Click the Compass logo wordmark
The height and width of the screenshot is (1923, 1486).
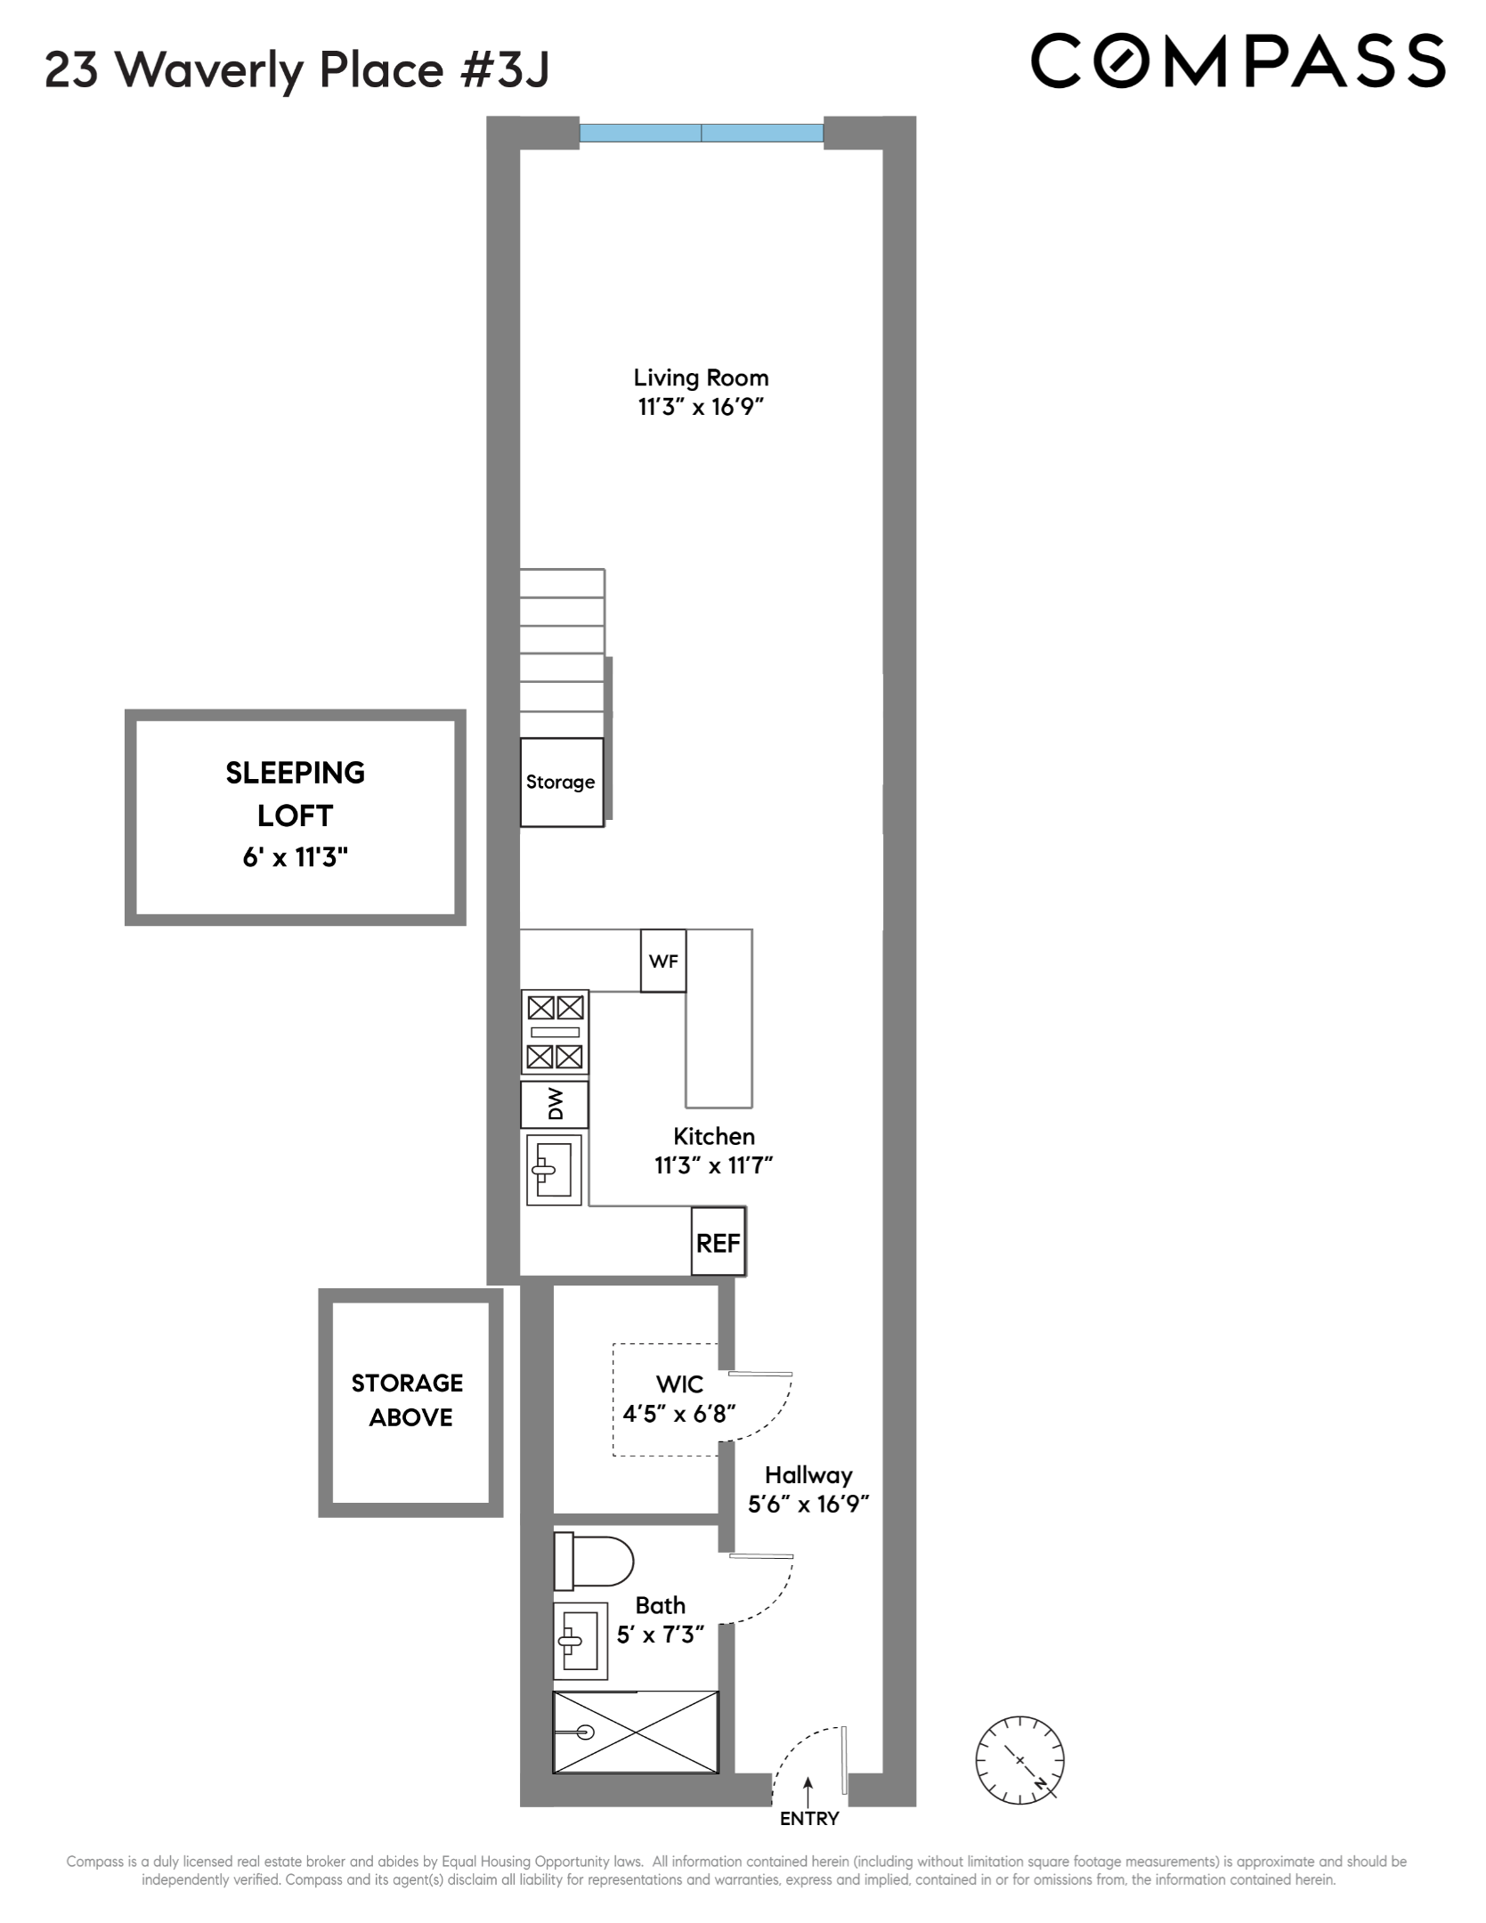[1238, 61]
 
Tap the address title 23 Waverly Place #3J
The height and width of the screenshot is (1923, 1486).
[297, 69]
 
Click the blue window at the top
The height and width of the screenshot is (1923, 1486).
[702, 134]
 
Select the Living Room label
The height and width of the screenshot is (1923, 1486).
[701, 377]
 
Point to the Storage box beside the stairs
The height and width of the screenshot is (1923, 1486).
[561, 782]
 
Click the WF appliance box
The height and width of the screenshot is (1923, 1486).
[663, 961]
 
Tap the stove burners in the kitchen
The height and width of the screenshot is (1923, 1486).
[556, 1033]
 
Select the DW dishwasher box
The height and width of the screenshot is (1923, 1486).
[555, 1105]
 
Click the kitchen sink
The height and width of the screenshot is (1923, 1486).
[554, 1170]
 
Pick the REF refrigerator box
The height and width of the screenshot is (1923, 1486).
[718, 1243]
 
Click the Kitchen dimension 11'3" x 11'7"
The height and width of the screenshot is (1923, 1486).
[713, 1165]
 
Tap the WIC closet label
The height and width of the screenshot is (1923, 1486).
[679, 1384]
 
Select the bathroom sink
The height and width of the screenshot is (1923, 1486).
[580, 1640]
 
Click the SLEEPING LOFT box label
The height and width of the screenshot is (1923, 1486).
[295, 793]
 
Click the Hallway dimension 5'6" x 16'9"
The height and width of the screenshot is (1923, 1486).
[808, 1504]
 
